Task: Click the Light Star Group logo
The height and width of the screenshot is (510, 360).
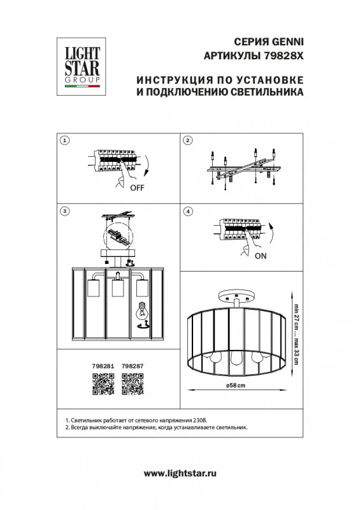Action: click(x=82, y=66)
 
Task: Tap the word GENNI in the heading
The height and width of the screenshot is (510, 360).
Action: click(x=287, y=42)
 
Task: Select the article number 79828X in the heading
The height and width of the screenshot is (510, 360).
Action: click(x=282, y=56)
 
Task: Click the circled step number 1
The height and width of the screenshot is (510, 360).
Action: click(x=65, y=140)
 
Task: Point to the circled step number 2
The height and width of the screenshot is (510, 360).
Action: click(x=188, y=140)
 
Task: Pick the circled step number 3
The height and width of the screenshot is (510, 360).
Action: click(x=65, y=212)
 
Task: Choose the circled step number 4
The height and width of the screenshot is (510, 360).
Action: click(x=188, y=212)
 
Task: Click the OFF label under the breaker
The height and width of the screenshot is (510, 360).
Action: click(x=137, y=187)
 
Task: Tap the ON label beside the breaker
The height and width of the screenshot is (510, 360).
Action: click(x=261, y=256)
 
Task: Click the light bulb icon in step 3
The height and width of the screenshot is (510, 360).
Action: click(x=141, y=310)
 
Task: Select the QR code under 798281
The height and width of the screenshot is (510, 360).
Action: click(x=103, y=384)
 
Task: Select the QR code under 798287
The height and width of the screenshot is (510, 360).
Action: click(x=133, y=384)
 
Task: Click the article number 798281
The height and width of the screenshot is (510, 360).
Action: click(x=103, y=366)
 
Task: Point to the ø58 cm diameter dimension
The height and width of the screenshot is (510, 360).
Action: click(x=236, y=386)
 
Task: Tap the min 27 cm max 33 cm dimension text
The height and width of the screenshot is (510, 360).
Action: click(x=296, y=334)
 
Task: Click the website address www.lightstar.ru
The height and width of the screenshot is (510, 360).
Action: click(x=180, y=473)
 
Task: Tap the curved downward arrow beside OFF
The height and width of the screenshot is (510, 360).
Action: click(x=147, y=165)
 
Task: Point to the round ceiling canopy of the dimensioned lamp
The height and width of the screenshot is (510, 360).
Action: click(x=236, y=295)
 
